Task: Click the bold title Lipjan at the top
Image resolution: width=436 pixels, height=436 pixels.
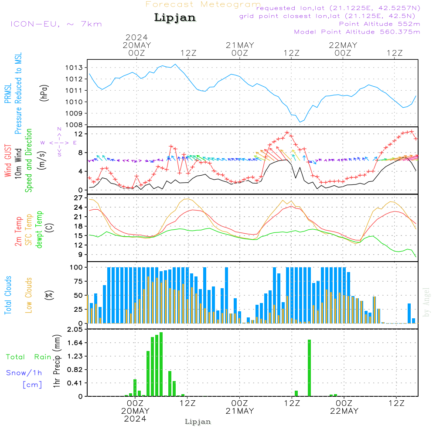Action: click(175, 18)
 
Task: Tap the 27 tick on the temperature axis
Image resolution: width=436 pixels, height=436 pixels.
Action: click(78, 198)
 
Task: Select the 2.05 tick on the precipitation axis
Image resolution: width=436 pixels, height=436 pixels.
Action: click(75, 330)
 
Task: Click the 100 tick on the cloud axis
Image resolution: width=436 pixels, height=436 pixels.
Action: click(77, 267)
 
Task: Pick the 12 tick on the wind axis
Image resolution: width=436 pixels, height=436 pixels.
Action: click(78, 133)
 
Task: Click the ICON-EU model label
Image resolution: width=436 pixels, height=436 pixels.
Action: click(56, 24)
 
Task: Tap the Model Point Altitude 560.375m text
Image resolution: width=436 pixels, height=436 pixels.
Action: click(357, 32)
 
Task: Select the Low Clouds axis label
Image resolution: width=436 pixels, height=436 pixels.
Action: click(29, 295)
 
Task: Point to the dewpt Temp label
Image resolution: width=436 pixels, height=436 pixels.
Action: click(40, 229)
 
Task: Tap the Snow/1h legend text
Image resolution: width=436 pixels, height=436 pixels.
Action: click(24, 373)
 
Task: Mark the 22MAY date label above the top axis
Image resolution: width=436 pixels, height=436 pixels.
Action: click(343, 45)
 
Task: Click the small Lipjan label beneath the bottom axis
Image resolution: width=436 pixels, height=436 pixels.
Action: click(198, 422)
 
